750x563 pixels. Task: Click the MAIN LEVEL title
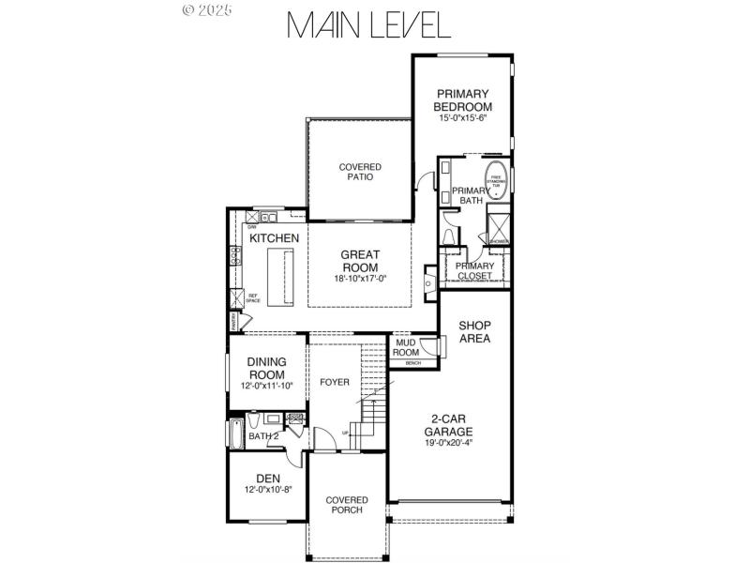tap(368, 25)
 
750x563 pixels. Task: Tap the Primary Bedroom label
tap(462, 99)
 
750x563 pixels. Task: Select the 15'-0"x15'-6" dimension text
tap(462, 118)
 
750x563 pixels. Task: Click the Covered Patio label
tap(360, 172)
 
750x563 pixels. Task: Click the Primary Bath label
tap(468, 195)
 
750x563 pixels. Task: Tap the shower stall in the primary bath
tap(497, 228)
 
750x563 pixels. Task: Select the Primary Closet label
tap(474, 271)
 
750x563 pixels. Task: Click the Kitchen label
tap(274, 238)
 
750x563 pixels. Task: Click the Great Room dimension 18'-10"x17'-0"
tap(360, 279)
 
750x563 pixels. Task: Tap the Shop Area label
tap(474, 331)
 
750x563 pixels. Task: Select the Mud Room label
tap(405, 348)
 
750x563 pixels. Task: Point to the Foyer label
tap(335, 382)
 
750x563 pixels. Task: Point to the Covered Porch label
tap(347, 505)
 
